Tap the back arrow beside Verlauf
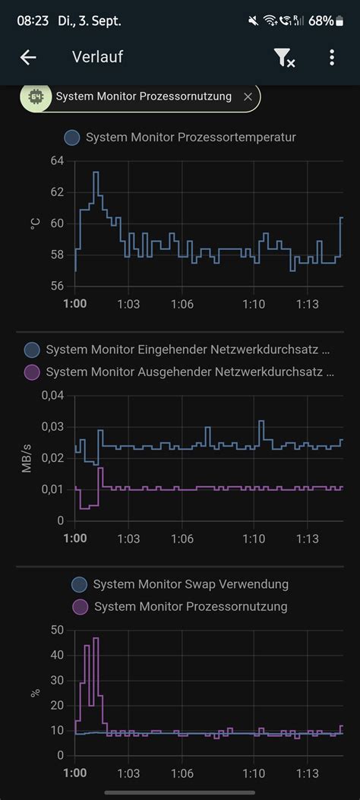pos(28,57)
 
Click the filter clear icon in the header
pos(284,57)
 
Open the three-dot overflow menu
pos(332,57)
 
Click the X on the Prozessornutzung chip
pos(248,96)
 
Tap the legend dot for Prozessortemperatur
pos(72,138)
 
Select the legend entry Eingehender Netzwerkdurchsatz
pos(187,349)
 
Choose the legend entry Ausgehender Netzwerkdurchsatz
pos(189,372)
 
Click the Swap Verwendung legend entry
pos(190,584)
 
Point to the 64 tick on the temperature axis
pos(58,160)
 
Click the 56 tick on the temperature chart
pos(58,286)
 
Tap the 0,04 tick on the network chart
pos(52,395)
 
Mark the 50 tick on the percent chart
pos(57,629)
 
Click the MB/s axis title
pos(27,457)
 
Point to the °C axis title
pos(34,223)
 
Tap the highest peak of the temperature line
pos(96,172)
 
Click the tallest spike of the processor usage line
pos(96,638)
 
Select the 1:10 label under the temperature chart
pos(254,304)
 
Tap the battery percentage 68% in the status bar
pos(321,21)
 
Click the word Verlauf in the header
pos(97,57)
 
